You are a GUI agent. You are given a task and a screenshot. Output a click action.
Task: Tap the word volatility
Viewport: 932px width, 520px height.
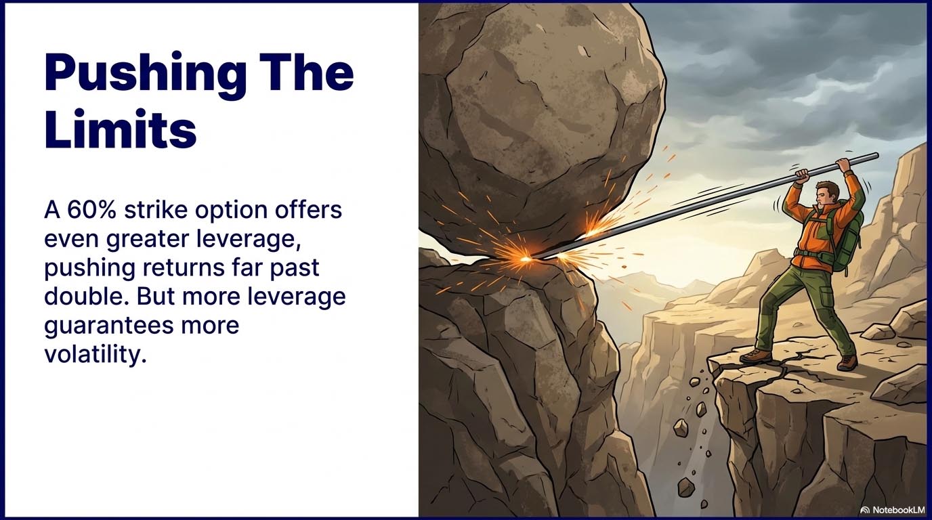point(95,354)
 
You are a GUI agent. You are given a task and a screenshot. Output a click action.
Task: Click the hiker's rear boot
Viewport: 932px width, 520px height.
point(847,362)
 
